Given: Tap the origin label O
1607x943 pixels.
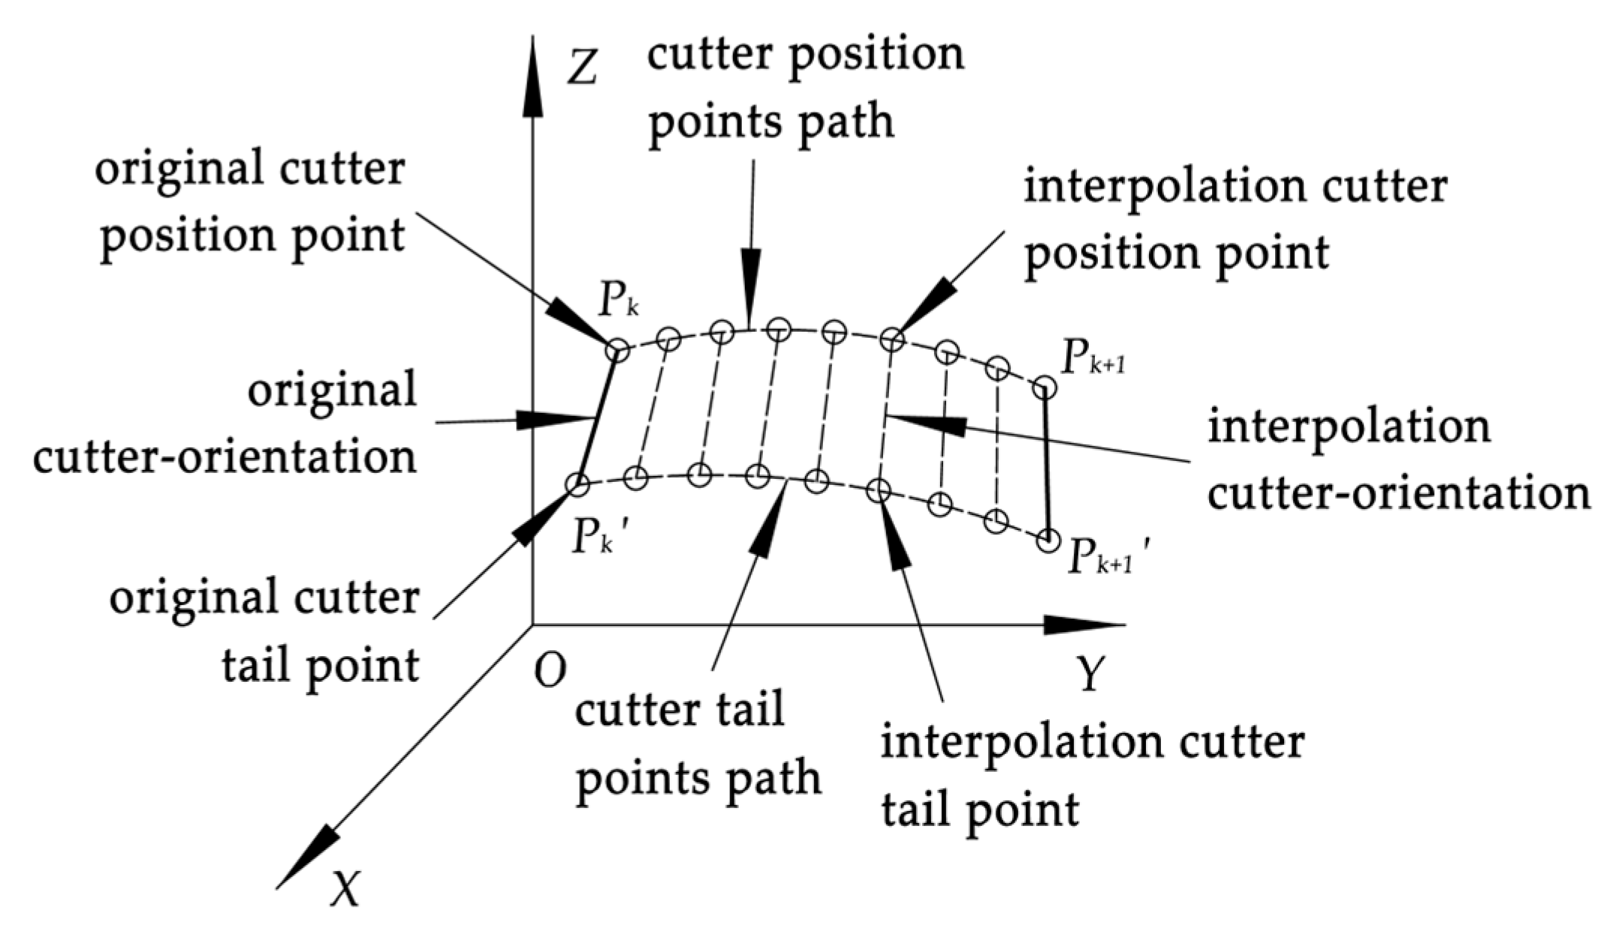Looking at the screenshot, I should point(550,670).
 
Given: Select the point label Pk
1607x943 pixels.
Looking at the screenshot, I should point(619,303).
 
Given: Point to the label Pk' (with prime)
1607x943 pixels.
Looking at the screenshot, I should point(598,538).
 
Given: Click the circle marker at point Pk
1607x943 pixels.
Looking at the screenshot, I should point(617,349).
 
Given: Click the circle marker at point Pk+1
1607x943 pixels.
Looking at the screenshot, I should point(1045,388).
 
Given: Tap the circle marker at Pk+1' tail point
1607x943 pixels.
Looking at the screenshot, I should point(1048,540).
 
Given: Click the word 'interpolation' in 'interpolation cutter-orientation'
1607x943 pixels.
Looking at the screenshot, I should point(1349,427).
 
